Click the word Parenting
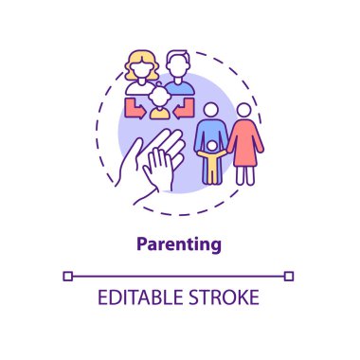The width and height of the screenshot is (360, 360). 180,243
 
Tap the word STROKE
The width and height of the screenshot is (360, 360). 225,297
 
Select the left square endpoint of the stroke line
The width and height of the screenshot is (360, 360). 68,276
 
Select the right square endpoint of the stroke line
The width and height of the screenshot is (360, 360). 290,276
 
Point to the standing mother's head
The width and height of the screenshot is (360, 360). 245,111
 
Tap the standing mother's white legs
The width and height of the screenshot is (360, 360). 245,174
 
